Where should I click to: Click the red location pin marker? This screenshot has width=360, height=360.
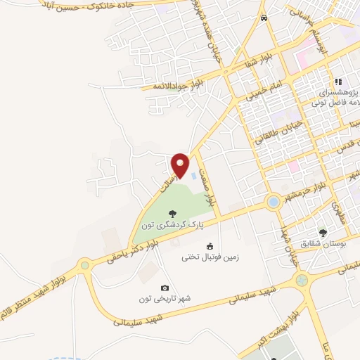[181, 165]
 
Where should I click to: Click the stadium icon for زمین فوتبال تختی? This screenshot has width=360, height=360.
[210, 246]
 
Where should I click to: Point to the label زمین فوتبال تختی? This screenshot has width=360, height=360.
[210, 257]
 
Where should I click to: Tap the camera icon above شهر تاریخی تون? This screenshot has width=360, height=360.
[165, 288]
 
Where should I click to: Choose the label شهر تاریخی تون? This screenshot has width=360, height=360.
[165, 299]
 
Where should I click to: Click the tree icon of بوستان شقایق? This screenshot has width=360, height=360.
[323, 233]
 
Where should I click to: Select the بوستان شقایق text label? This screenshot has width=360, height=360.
[323, 244]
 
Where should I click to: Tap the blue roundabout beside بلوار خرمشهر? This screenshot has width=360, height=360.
[272, 203]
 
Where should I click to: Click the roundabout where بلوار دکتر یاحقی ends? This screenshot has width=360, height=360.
[86, 266]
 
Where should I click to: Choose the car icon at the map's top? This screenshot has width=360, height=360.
[264, 18]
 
